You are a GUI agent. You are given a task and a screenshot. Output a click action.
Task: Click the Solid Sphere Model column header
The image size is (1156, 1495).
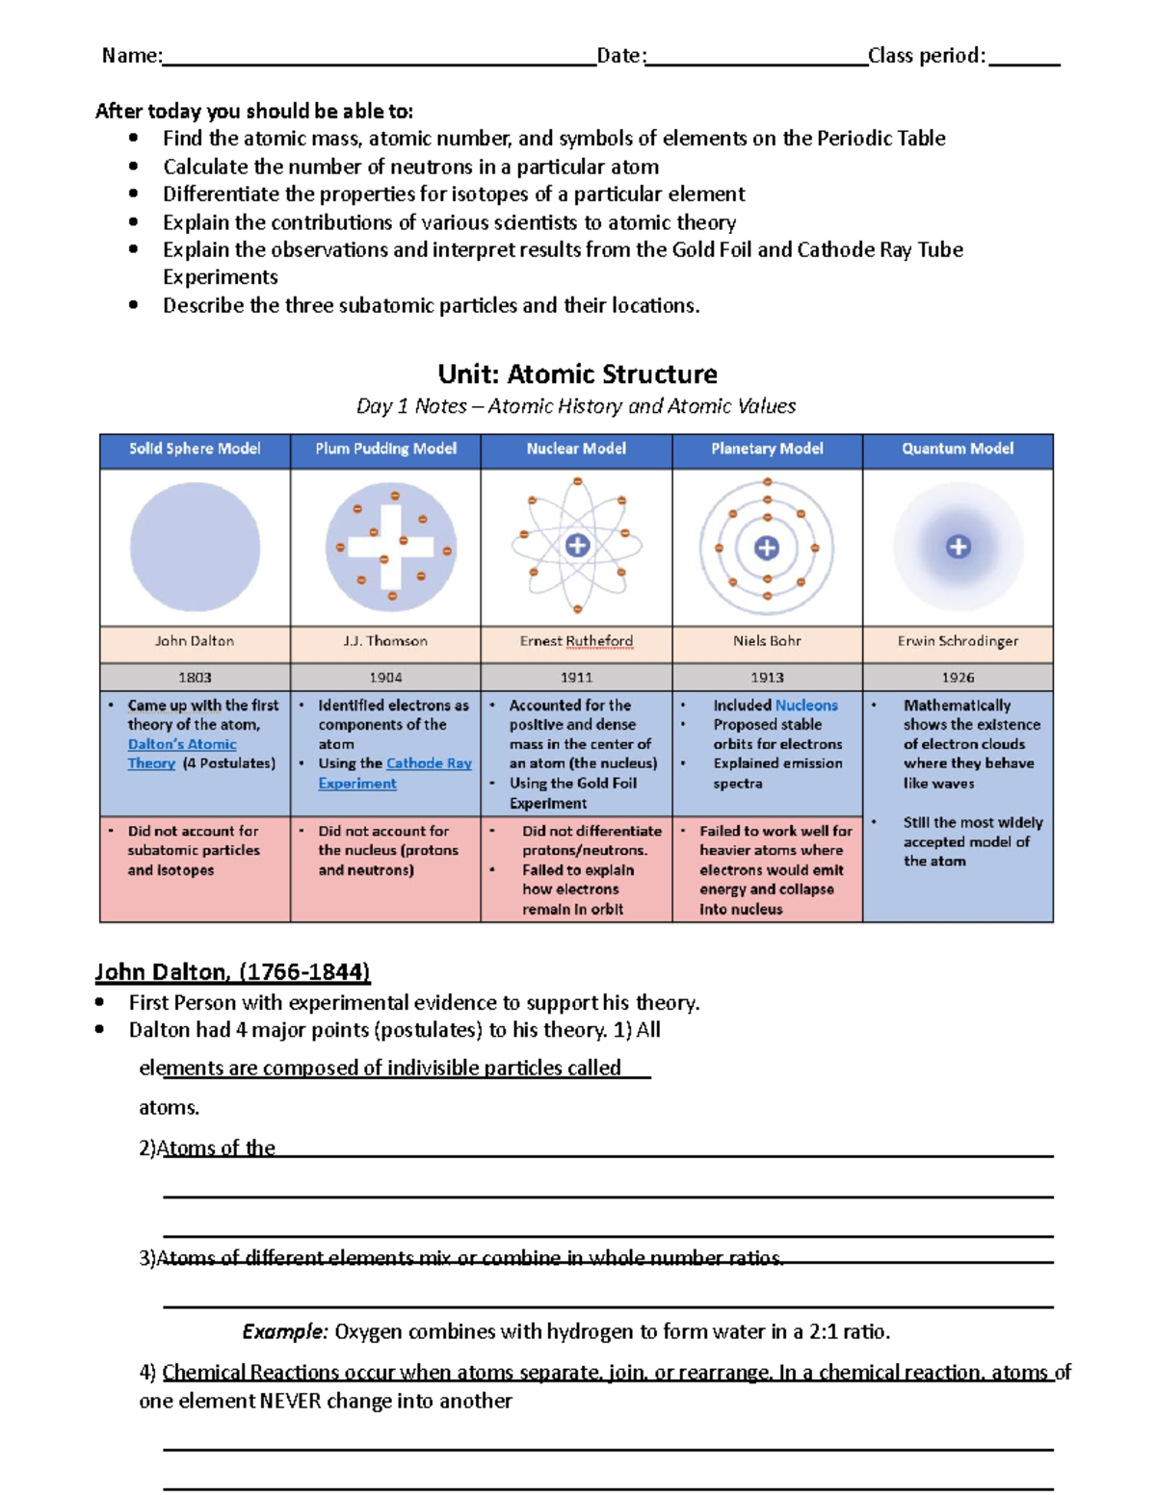[195, 449]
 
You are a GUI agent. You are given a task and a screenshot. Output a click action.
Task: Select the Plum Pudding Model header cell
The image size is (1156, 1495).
[385, 449]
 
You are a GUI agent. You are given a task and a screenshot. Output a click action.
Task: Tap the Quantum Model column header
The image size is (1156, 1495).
[958, 449]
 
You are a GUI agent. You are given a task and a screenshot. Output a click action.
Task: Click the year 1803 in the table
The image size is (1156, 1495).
[195, 677]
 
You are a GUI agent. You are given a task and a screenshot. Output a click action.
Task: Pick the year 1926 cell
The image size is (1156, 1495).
[958, 677]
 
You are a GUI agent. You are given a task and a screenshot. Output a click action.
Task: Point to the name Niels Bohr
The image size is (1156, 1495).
[767, 641]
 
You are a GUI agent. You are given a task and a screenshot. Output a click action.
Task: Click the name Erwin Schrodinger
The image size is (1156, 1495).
[958, 641]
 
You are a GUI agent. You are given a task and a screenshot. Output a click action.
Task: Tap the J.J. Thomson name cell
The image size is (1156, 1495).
[385, 641]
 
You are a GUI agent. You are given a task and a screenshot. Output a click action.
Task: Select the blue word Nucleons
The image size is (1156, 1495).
[806, 706]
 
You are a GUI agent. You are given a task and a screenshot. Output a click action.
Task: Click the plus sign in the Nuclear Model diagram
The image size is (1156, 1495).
[577, 546]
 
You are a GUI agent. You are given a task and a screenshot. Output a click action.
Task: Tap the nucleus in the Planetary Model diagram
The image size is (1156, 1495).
[767, 548]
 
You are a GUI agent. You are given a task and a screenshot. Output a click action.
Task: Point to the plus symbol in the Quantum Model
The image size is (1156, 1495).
[958, 547]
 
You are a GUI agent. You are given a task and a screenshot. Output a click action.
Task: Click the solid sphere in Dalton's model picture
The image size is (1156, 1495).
[195, 547]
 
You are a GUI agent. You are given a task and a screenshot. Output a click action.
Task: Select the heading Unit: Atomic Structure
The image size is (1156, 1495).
[577, 374]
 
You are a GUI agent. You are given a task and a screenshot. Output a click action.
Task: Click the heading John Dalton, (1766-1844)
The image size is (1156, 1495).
[232, 972]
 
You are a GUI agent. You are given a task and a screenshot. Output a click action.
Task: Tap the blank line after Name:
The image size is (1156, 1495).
[379, 58]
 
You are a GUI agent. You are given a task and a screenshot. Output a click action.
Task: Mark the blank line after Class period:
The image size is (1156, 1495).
[1024, 58]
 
